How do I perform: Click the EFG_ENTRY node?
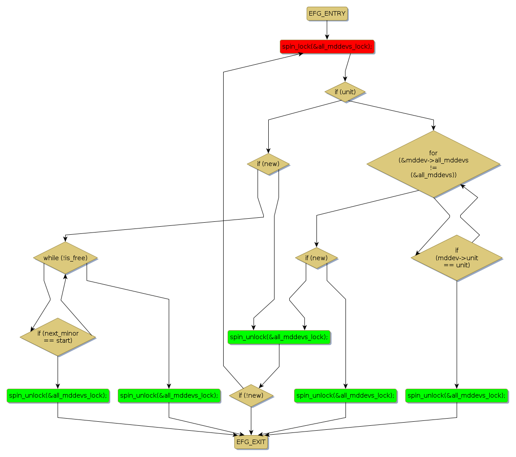point(327,13)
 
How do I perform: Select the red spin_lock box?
point(327,46)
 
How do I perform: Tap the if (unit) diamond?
point(345,92)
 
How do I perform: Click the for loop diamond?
point(433,164)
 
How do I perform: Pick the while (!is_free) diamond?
point(65,258)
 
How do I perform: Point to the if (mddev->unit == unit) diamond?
point(457,258)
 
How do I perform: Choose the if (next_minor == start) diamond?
point(58,337)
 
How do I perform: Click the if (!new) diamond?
point(251,395)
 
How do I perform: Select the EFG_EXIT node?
point(251,442)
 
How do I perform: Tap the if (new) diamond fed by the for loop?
point(316,258)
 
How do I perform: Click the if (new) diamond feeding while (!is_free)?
point(268,164)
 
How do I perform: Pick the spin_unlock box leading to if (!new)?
point(279,337)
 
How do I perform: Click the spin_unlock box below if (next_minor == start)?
point(58,395)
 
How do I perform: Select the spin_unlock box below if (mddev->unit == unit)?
point(457,395)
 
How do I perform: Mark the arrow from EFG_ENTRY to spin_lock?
point(327,30)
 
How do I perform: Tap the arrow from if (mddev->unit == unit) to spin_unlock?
point(457,335)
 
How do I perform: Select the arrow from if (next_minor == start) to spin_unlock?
point(58,373)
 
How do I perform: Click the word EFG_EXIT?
point(251,442)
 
